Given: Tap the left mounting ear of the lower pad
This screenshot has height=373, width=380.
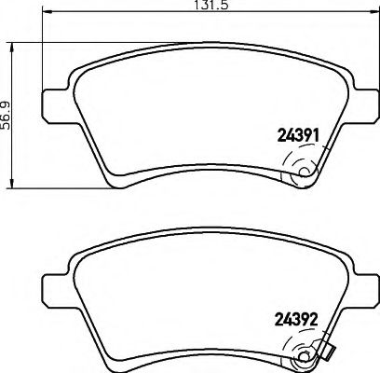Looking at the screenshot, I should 54,281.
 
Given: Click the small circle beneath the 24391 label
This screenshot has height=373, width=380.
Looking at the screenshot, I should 302,173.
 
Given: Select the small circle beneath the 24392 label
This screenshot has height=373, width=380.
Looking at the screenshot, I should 302,354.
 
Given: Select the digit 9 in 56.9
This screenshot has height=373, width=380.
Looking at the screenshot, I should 7,100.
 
